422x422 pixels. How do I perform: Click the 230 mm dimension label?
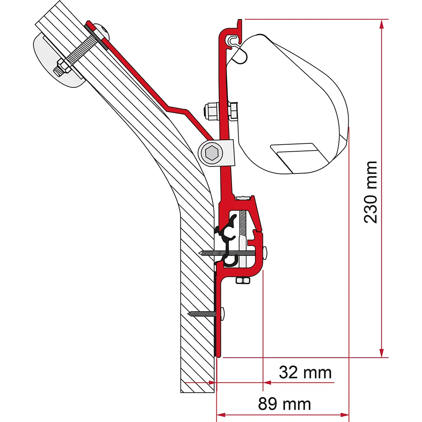point(370,192)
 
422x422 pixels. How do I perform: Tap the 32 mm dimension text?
point(305,373)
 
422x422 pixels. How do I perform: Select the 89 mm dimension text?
point(284,404)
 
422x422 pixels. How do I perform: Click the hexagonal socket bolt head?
point(211,153)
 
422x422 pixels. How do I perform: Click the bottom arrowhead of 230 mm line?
point(381,353)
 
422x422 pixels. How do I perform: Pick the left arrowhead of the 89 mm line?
point(221,415)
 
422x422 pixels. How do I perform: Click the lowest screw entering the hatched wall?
point(206,314)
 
